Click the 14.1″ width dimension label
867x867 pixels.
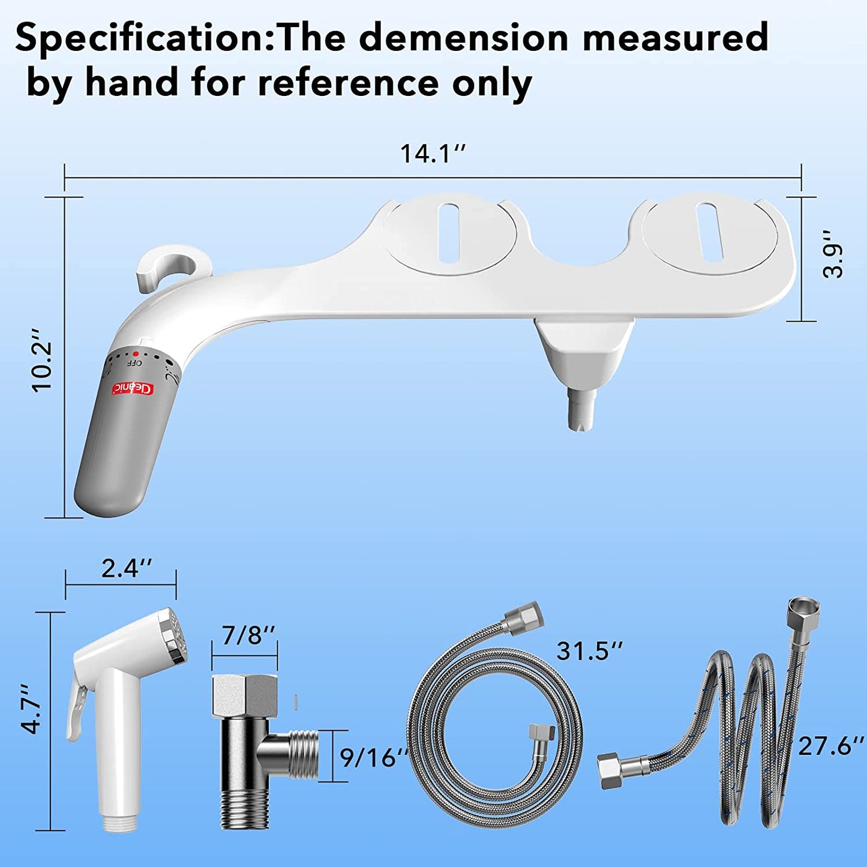[x=433, y=154]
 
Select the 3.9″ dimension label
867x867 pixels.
[x=833, y=260]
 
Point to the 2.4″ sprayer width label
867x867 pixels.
[x=127, y=568]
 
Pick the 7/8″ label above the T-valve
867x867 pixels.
[x=248, y=634]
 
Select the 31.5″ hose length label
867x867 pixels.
[x=590, y=650]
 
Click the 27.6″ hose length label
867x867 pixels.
[x=832, y=746]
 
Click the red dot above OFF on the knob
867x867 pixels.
[x=136, y=355]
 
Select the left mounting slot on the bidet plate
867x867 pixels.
[x=448, y=232]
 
